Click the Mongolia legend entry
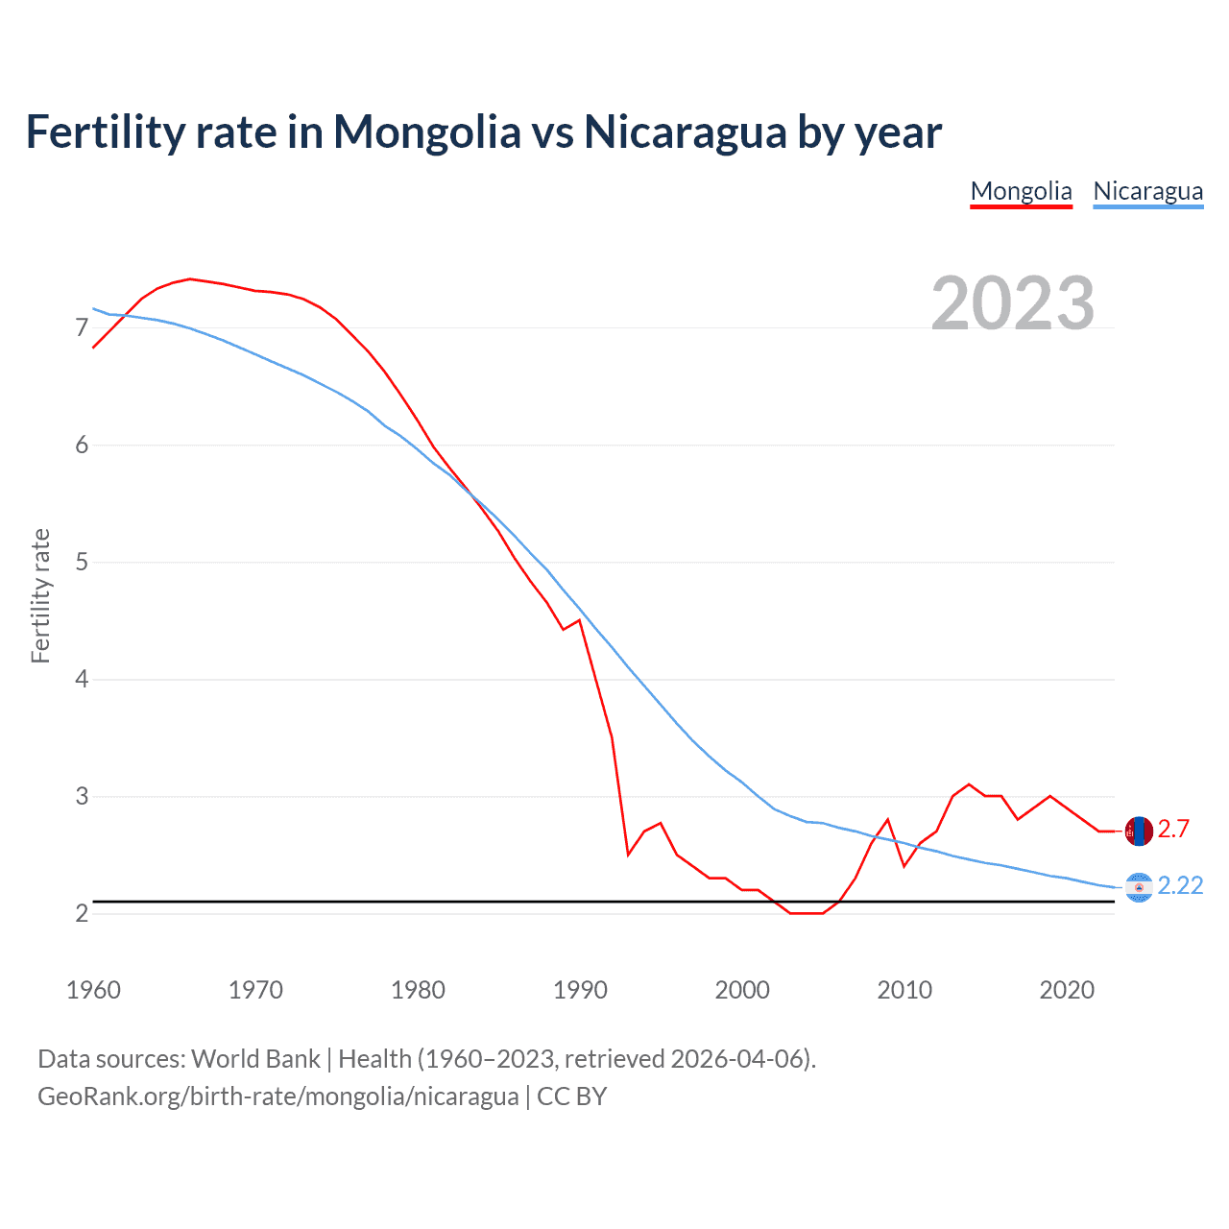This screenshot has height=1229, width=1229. [1021, 191]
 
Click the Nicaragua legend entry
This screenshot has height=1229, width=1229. [1147, 191]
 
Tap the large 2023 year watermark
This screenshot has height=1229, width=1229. [1013, 303]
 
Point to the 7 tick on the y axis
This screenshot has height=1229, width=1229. [82, 328]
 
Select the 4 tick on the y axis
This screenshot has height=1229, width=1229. [82, 680]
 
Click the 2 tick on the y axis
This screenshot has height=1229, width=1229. [82, 914]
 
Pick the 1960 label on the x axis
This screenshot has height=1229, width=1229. [93, 990]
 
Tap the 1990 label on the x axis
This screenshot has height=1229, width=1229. [580, 990]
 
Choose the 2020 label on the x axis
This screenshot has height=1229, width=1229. [1067, 990]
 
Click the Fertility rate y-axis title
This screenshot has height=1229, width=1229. [40, 595]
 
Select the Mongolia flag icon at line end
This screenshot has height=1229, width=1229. [1139, 831]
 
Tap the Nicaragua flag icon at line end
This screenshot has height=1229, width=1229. [1139, 888]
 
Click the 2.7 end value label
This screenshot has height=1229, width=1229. [1173, 830]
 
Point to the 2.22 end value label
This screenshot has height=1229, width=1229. [1180, 886]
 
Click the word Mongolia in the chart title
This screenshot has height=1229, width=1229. [426, 133]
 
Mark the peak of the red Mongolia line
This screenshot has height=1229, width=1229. [190, 278]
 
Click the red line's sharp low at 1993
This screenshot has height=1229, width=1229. [628, 855]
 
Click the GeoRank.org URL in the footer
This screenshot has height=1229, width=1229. [277, 1096]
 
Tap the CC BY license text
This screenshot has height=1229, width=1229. [571, 1096]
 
